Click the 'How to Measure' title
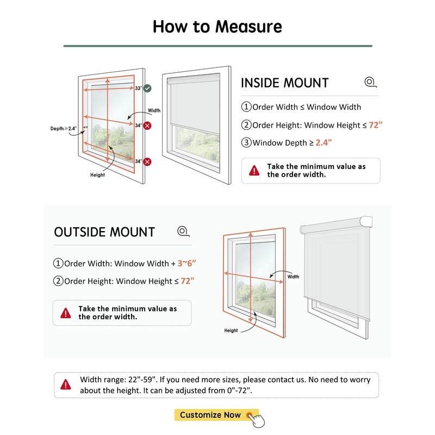point(217,26)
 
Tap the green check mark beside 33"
point(147,88)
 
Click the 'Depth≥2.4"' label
point(64,128)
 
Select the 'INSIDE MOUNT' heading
point(284,83)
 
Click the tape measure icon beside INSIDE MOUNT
point(370,83)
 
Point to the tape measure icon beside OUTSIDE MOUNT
point(183,232)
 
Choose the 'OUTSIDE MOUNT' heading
point(104,232)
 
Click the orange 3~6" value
point(187,264)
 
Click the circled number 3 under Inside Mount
point(246,143)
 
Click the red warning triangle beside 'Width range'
point(66,384)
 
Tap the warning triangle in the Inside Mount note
point(254,171)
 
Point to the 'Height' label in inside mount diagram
point(97,175)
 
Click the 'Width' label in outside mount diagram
point(293,277)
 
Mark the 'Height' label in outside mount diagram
point(231,331)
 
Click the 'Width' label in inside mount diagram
point(154,110)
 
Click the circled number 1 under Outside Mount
point(58,264)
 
